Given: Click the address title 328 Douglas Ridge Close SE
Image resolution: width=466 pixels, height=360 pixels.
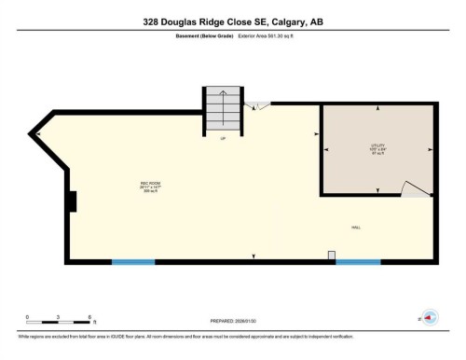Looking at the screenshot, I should [233, 21].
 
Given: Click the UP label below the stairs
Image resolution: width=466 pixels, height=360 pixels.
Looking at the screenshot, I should [223, 140].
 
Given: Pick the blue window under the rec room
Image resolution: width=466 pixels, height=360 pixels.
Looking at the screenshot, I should [133, 261].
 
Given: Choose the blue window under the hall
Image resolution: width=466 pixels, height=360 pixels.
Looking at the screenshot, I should [358, 261].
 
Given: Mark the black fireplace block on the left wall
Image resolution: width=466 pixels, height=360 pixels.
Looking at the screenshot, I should [72, 200].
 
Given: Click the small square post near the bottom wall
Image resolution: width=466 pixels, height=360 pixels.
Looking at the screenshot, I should [331, 254].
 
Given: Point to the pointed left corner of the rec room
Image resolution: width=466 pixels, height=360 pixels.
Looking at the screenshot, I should [34, 135].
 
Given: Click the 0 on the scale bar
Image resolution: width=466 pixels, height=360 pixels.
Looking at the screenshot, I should [28, 318].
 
